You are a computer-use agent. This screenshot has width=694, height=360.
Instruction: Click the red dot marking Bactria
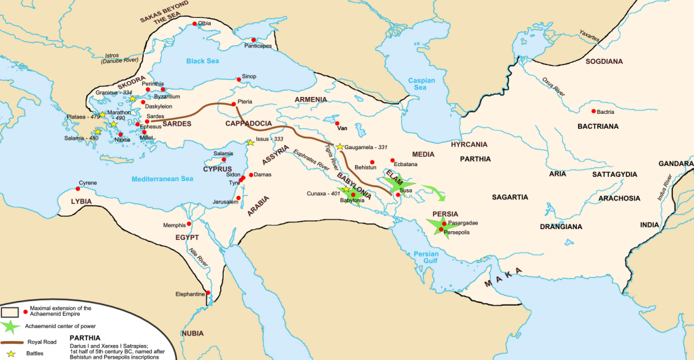(x=594, y=111)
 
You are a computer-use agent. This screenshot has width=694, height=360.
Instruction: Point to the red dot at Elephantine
(x=208, y=293)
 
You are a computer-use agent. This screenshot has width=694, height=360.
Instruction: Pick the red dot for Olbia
(x=196, y=24)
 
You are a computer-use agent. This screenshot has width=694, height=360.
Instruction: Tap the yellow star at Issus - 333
(x=250, y=142)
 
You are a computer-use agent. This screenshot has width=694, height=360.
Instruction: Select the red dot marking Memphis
(x=189, y=224)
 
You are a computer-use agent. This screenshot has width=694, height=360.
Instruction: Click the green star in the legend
(x=11, y=326)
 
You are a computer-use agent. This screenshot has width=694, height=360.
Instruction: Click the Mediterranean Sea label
(x=163, y=179)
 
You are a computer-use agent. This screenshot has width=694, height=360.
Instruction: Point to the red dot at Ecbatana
(x=392, y=160)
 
